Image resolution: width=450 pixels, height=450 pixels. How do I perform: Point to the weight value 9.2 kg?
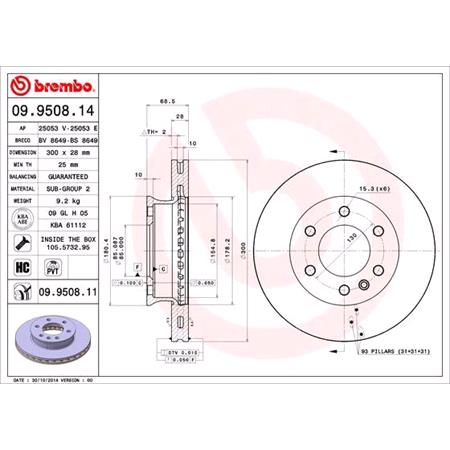(56, 201)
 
